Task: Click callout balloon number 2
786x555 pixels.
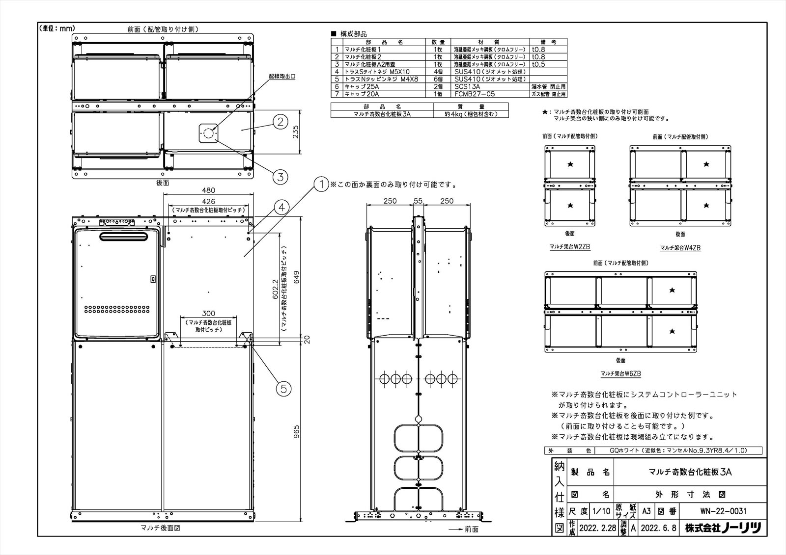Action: (280, 122)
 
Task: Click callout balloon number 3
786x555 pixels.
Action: (280, 177)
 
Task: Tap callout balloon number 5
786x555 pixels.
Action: (283, 389)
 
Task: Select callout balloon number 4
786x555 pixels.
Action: (281, 208)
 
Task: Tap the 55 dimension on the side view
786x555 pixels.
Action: (418, 201)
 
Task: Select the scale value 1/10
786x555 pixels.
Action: (601, 511)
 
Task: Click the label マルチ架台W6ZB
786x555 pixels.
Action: (621, 374)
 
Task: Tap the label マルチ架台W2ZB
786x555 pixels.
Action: (570, 248)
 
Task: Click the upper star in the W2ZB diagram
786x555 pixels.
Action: (570, 164)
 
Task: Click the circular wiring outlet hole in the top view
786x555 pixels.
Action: (208, 132)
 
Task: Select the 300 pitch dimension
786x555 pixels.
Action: (209, 314)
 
